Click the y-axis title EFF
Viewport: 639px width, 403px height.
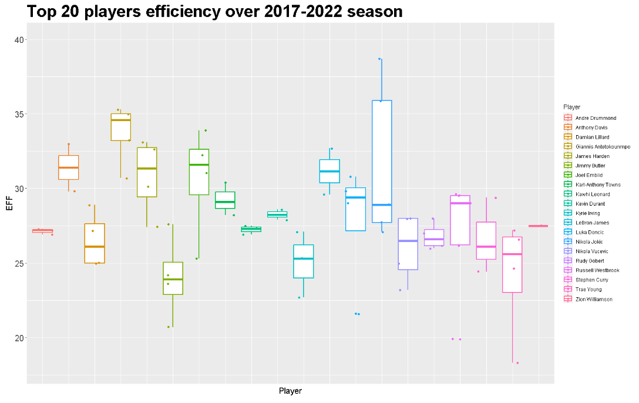click(x=8, y=204)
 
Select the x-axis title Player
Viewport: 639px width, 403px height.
click(x=290, y=391)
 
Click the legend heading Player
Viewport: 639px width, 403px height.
click(x=571, y=107)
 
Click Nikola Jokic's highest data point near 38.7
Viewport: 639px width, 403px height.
click(x=380, y=59)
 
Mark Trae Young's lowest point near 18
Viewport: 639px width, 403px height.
click(x=517, y=363)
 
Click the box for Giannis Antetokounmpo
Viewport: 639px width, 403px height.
click(x=120, y=127)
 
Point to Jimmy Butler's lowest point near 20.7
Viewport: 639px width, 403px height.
click(x=169, y=327)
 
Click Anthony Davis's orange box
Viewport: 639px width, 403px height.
click(x=68, y=167)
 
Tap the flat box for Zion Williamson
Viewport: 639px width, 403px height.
click(x=538, y=226)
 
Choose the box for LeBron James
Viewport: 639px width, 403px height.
click(x=329, y=171)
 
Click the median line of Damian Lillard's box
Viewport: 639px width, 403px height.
click(x=95, y=246)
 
